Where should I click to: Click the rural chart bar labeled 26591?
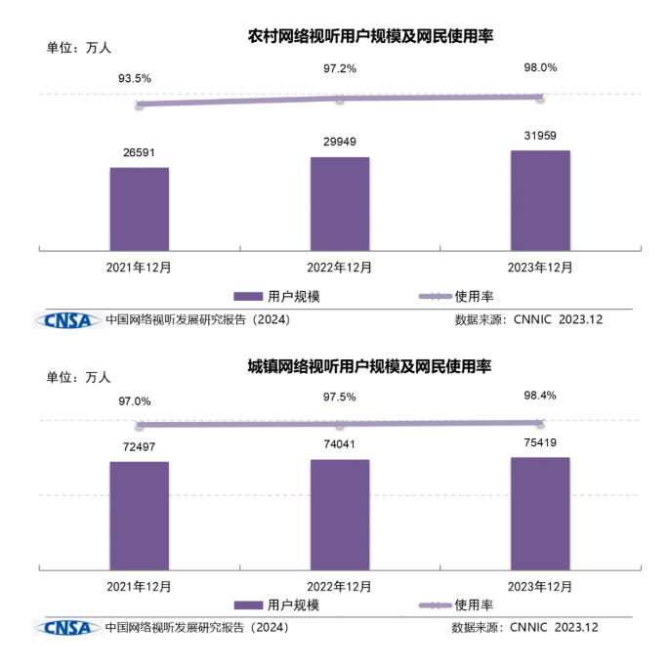(139, 209)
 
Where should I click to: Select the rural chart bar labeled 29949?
(340, 203)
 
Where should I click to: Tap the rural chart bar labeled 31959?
(540, 200)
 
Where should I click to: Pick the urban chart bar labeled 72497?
(139, 515)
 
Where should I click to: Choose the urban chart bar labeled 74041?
(340, 514)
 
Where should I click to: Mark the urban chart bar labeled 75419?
(540, 513)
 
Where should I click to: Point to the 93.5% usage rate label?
(135, 77)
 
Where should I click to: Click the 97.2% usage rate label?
(340, 68)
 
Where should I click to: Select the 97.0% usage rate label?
(135, 401)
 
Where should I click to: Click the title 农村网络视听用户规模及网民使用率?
(370, 37)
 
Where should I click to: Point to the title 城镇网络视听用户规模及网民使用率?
(368, 367)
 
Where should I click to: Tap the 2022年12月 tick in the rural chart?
(340, 266)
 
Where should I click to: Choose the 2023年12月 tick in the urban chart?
(540, 586)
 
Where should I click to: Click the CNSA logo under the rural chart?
(67, 319)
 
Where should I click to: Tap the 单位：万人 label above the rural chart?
(79, 46)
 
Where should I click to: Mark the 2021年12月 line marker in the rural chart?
(140, 104)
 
